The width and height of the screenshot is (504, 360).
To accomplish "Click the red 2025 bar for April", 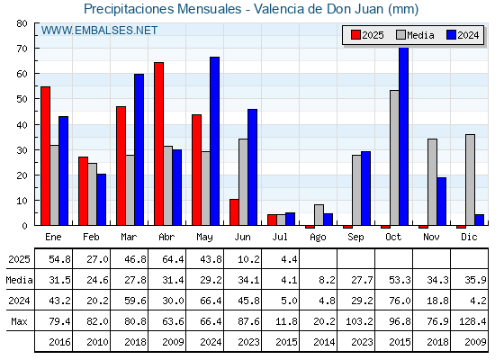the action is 158,144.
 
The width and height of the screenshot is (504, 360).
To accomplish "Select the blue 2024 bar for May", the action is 214,141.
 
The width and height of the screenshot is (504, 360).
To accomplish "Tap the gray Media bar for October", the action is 394,157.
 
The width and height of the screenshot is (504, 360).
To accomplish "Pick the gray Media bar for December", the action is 470,180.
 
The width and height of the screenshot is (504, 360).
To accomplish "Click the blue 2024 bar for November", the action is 441,202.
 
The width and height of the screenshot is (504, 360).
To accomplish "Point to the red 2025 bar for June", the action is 234,212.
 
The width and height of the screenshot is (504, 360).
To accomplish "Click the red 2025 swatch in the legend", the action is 355,35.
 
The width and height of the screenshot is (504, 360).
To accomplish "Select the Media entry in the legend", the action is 415,35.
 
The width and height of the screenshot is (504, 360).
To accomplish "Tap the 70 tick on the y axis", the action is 22,49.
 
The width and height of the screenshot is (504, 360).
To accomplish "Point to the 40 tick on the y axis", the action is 22,125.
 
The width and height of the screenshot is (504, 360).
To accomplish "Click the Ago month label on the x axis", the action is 318,238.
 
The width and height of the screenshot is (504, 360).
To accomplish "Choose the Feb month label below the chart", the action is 91,237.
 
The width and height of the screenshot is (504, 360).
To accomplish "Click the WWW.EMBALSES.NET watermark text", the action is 99,31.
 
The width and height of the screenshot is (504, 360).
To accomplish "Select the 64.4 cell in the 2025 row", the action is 173,259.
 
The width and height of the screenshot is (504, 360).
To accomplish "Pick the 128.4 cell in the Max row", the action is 472,321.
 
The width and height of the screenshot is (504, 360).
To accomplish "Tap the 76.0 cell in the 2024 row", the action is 400,301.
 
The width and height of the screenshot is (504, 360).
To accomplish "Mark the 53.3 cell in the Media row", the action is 400,280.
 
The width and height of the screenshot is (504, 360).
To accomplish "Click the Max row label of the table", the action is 19,321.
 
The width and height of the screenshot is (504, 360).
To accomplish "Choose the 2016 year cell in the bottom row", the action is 59,342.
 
